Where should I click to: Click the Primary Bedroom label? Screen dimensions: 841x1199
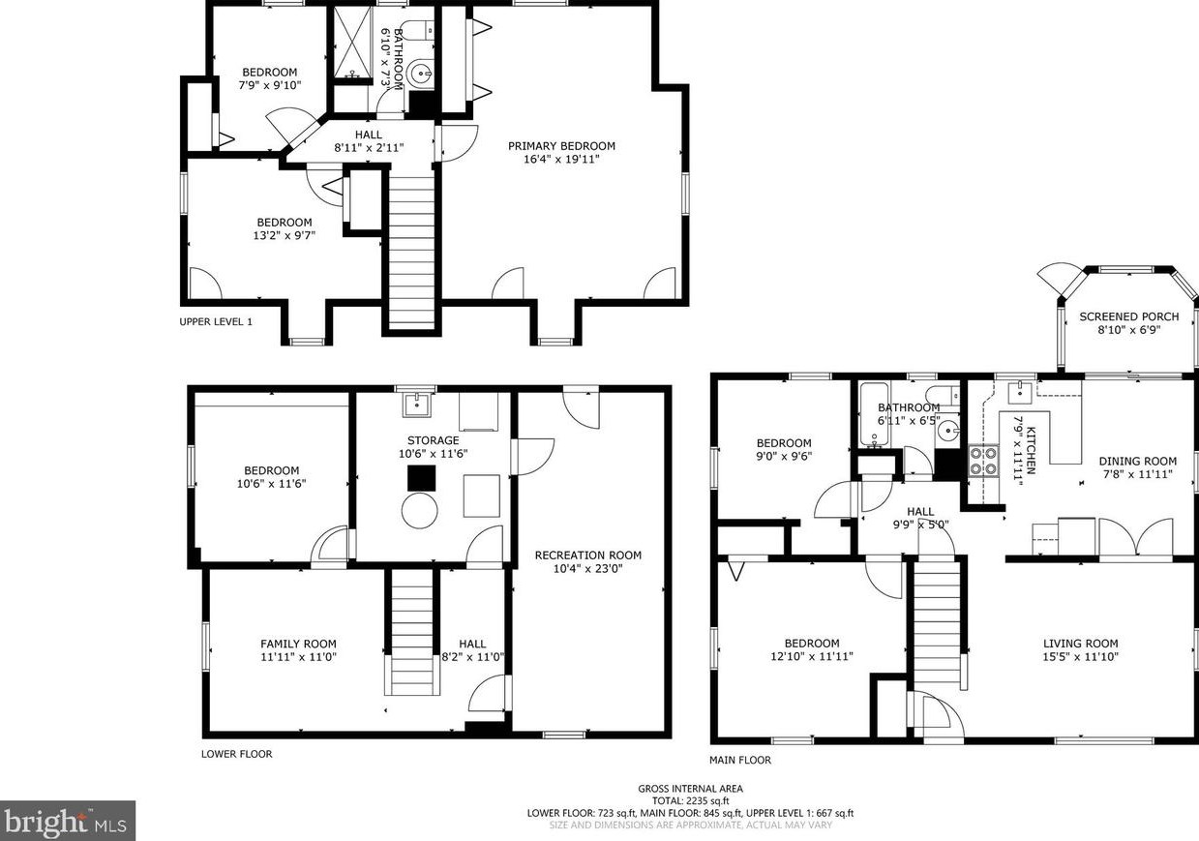point(561,146)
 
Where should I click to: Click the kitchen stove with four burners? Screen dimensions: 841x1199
point(983,462)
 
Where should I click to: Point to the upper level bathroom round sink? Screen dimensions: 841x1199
point(421,74)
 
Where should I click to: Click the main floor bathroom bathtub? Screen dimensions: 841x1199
point(875,416)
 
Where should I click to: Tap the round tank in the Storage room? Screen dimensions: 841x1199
point(421,510)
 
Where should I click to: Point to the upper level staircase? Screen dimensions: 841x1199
point(411,247)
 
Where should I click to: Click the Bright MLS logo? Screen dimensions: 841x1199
point(67,821)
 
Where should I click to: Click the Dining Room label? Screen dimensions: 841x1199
point(1137,462)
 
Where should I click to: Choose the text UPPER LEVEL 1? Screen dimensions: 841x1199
point(216,321)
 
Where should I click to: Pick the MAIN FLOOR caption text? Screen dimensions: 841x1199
point(739,760)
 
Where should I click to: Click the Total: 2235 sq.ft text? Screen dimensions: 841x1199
point(690,801)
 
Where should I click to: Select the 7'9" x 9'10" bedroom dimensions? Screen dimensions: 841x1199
point(269,85)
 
